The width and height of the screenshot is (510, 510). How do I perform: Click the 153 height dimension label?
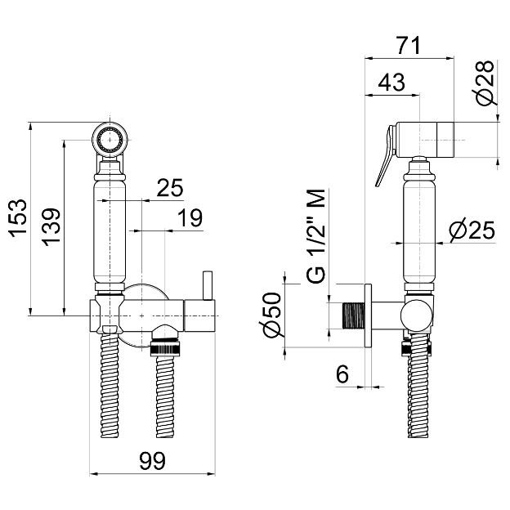(x=17, y=218)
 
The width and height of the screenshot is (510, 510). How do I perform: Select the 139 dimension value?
(x=51, y=226)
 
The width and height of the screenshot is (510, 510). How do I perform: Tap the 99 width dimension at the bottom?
(x=152, y=461)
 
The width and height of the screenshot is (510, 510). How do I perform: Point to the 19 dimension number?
(x=190, y=217)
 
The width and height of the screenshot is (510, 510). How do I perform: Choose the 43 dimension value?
(x=391, y=82)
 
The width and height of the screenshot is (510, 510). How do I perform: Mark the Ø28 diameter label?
(x=485, y=83)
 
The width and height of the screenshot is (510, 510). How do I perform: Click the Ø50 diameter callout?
(x=270, y=315)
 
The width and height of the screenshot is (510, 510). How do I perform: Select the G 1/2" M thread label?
(x=315, y=236)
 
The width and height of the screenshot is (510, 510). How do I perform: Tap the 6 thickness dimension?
(x=342, y=374)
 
